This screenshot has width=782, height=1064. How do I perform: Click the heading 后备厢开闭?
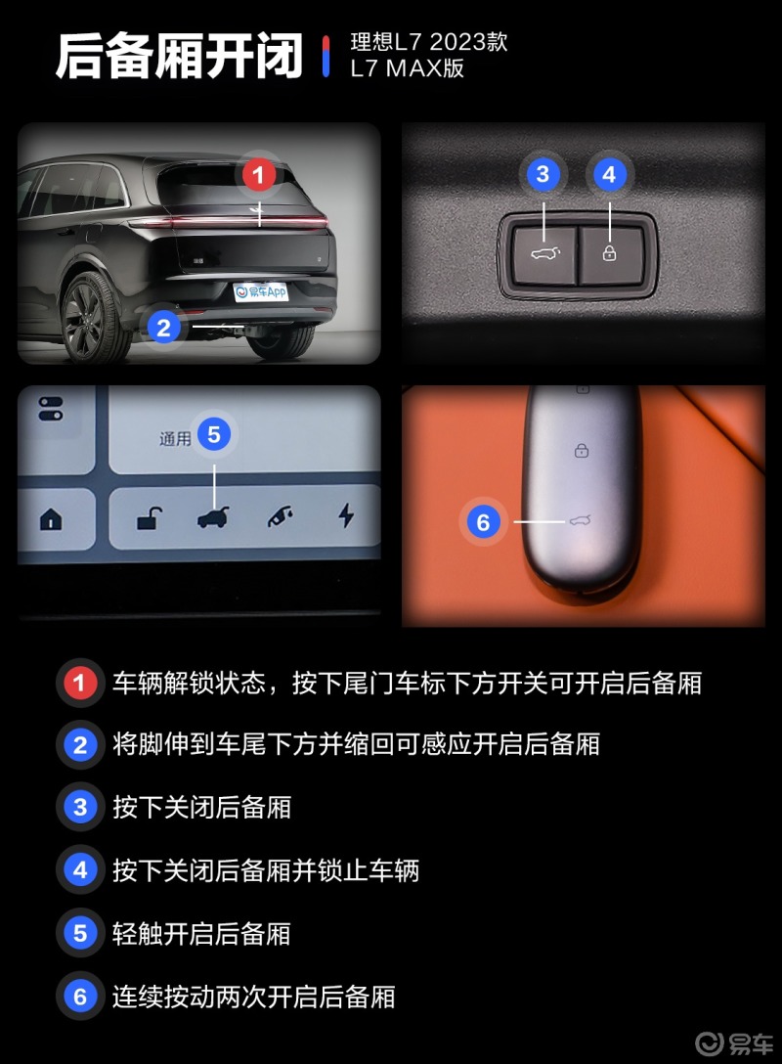point(179,56)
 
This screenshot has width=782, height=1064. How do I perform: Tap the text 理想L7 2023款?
point(428,43)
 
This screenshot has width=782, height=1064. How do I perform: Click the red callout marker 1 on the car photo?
point(258,176)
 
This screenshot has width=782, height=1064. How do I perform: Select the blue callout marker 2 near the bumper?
point(164,327)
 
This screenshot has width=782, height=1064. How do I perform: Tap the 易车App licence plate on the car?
point(260,291)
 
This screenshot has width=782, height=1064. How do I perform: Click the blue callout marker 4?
point(610,175)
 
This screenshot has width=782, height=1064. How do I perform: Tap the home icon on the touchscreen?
point(51,519)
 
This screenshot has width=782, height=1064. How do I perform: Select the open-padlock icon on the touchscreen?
point(150,516)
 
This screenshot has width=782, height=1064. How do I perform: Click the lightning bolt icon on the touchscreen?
point(346,515)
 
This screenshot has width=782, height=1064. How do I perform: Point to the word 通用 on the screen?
point(175,439)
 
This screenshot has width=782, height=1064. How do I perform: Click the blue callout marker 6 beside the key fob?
point(483,522)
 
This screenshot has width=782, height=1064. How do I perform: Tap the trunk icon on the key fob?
point(581,520)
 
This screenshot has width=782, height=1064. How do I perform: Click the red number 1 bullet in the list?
point(79,683)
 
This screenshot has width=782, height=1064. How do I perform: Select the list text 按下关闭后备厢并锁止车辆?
point(265,869)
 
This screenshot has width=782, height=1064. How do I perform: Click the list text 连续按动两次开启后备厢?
point(253,997)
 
